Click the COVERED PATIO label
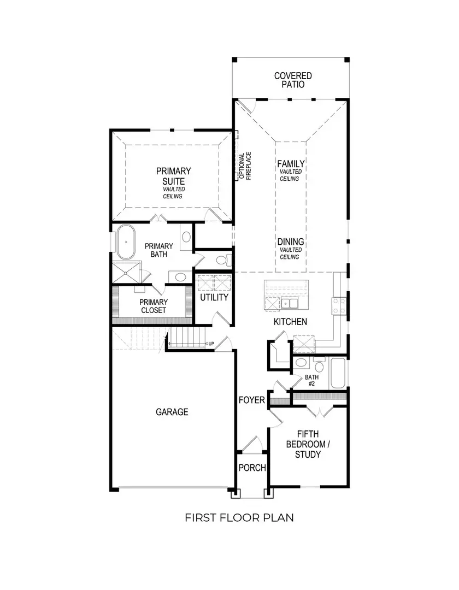point(293,80)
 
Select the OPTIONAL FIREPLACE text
point(244,166)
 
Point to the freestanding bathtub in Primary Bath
point(127,241)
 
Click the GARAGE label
point(171,412)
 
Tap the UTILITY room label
point(214,298)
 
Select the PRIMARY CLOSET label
point(153,306)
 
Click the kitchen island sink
point(290,303)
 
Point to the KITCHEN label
point(290,322)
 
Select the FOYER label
point(252,400)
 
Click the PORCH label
point(252,468)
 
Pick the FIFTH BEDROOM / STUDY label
point(308,444)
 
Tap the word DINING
point(291,241)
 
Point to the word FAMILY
point(291,163)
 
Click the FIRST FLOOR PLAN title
point(239,517)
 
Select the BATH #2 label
point(311,380)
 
